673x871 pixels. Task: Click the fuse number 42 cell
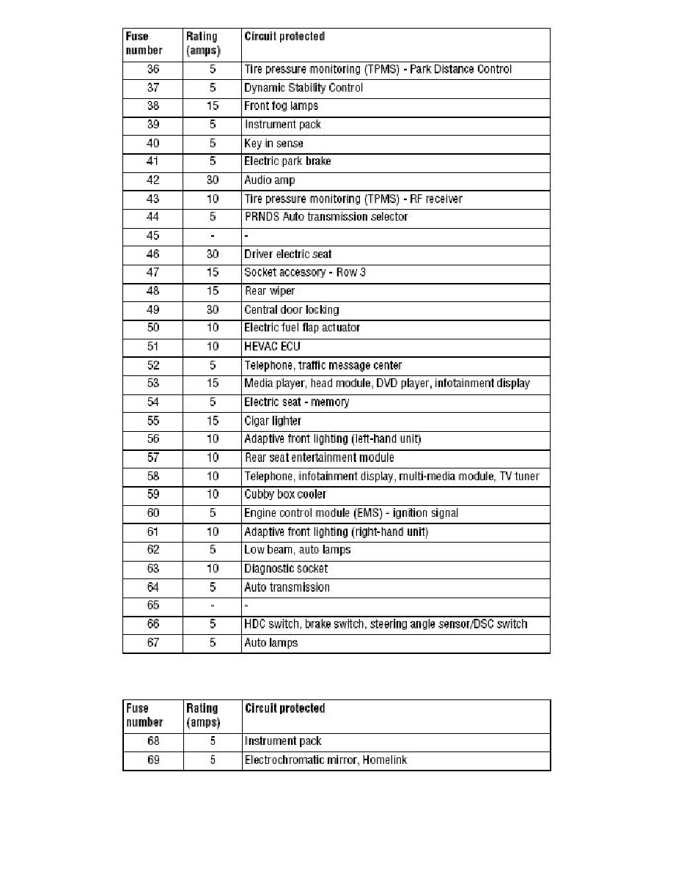click(152, 180)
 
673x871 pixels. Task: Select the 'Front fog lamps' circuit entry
click(281, 106)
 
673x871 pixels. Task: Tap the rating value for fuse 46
click(212, 254)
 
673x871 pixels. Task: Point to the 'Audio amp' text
click(269, 180)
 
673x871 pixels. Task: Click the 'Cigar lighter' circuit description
click(272, 421)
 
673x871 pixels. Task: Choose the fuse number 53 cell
click(152, 383)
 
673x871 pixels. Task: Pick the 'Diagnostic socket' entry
click(286, 569)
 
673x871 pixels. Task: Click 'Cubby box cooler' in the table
click(285, 495)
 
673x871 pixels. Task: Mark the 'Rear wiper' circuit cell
click(269, 291)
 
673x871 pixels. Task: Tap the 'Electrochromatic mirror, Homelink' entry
click(326, 760)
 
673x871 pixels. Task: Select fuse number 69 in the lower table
click(152, 760)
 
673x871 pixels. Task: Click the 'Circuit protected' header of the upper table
click(284, 36)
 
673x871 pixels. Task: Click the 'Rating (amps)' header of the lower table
click(203, 715)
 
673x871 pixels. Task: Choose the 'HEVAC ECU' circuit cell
click(272, 347)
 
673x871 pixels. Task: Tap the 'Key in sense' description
click(273, 144)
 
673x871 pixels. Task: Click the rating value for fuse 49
click(212, 309)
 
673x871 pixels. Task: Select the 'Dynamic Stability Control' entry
click(303, 88)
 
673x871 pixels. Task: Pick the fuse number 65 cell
click(152, 606)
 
